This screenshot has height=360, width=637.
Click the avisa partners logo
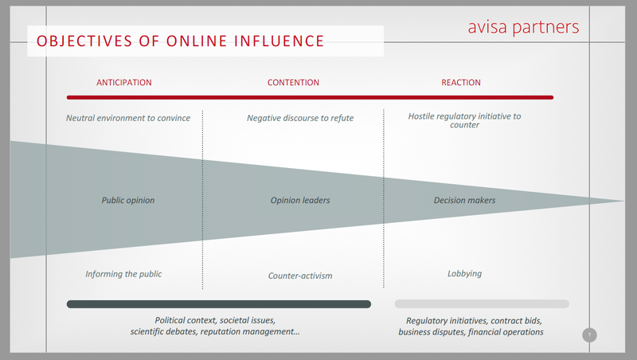click(523, 28)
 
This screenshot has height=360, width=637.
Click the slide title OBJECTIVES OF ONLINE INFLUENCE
click(181, 41)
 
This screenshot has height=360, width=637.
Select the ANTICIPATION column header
click(124, 83)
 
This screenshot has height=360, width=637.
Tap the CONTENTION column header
click(293, 83)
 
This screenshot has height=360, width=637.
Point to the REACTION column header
click(461, 83)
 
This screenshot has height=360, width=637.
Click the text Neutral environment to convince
click(128, 118)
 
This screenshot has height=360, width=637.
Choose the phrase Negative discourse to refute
click(300, 118)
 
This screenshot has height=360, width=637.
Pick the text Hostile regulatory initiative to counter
click(464, 120)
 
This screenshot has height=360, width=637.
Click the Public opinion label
click(128, 201)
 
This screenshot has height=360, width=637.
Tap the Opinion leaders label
click(300, 201)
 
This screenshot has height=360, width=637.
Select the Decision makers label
click(465, 201)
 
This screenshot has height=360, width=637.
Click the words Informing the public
click(123, 274)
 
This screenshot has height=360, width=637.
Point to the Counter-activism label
click(300, 276)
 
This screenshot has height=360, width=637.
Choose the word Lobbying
click(465, 274)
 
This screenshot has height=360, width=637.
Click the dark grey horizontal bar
click(219, 304)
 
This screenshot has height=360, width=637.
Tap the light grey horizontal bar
click(482, 304)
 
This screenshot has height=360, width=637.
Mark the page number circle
click(589, 335)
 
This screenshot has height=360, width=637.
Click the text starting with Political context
click(215, 326)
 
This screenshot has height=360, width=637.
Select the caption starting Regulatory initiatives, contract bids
click(471, 327)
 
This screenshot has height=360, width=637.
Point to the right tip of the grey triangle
click(624, 201)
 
